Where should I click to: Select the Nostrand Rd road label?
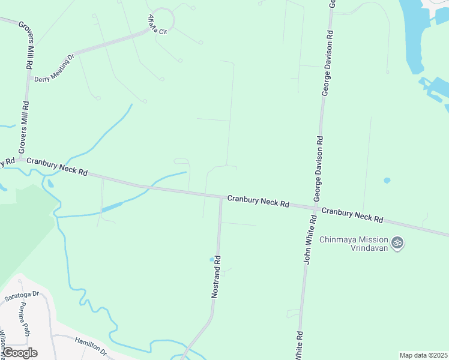coord(217,277)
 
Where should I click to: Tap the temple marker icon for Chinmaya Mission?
coord(397,243)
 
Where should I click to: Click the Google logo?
coord(19,353)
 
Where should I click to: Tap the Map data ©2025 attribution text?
coord(423,355)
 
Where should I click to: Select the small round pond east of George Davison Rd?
coord(387,180)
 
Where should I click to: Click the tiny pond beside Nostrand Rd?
coord(211,260)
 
